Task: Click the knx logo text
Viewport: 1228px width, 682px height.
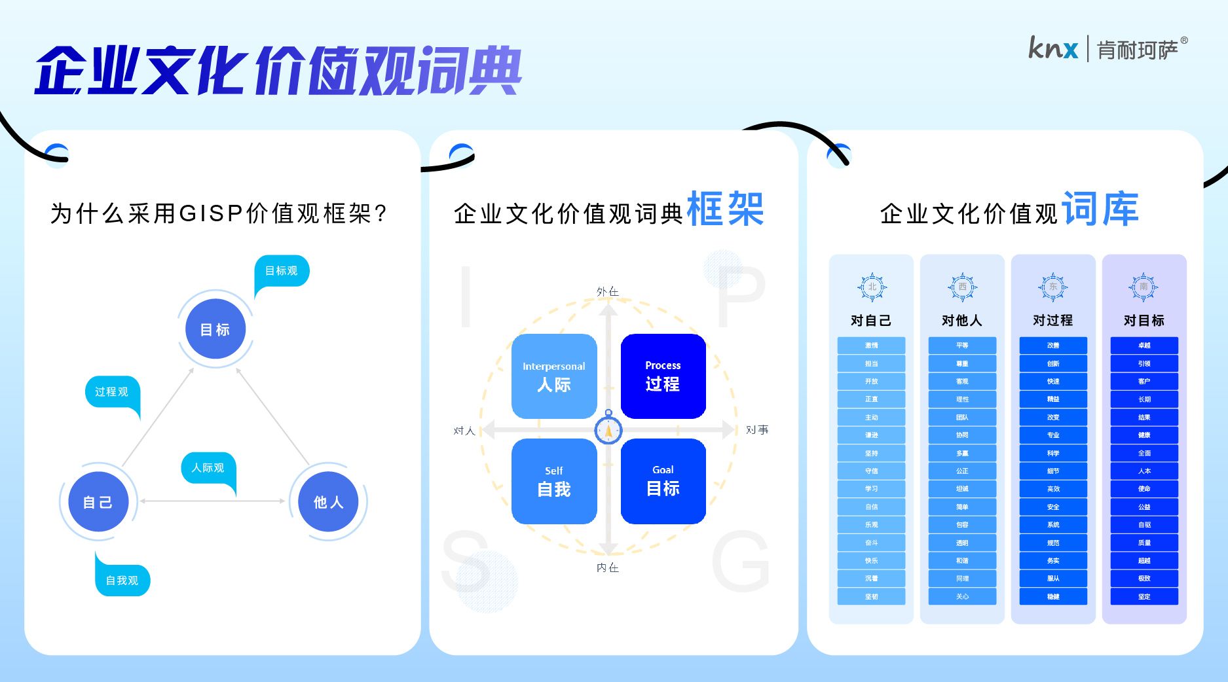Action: tap(1052, 48)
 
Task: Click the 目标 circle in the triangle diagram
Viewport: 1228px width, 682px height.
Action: tap(215, 329)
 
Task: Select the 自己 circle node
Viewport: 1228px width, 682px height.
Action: tap(98, 502)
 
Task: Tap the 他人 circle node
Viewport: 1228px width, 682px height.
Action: tap(328, 502)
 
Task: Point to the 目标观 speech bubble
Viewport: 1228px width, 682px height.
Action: tap(281, 271)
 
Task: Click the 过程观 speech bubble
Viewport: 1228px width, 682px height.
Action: tap(112, 392)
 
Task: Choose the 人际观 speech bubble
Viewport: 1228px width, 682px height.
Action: tap(208, 468)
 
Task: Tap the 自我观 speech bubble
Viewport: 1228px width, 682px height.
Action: tap(122, 580)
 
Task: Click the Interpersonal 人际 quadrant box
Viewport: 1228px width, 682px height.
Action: tap(554, 376)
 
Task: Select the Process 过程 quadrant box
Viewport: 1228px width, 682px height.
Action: tap(663, 376)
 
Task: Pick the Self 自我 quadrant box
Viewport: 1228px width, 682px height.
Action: tap(554, 482)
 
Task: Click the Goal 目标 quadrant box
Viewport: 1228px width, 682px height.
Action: tap(663, 482)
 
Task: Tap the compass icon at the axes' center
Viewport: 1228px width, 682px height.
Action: tap(608, 430)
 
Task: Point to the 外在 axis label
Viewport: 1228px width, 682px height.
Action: tap(607, 291)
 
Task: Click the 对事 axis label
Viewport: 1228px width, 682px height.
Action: tap(756, 430)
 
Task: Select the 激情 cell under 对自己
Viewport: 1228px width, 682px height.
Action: tap(871, 345)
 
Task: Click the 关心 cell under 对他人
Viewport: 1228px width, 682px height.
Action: tap(962, 596)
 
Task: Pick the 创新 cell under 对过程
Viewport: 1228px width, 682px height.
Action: tap(1053, 363)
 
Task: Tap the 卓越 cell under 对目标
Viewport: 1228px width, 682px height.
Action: tap(1144, 345)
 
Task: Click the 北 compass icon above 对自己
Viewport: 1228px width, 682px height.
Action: tap(872, 287)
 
